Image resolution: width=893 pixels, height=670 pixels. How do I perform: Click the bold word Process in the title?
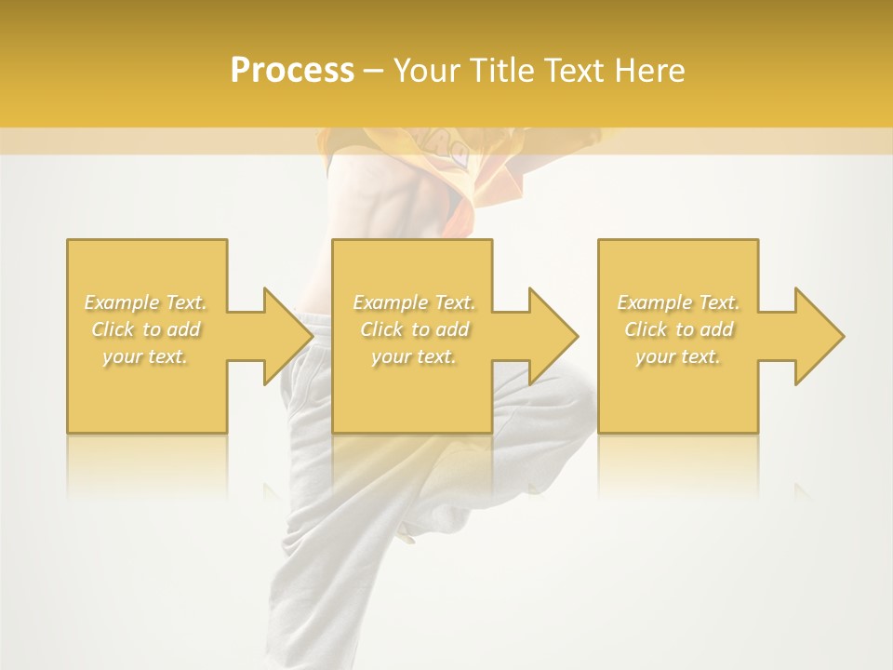292,71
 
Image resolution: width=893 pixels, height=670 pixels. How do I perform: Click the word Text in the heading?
574,71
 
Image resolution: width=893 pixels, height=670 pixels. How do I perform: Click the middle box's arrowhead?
553,335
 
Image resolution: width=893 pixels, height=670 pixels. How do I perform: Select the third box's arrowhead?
819,335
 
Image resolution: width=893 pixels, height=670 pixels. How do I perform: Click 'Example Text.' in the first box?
145,302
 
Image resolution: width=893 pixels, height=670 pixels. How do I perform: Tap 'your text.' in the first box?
145,356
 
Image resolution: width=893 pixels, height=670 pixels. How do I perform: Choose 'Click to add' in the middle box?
414,329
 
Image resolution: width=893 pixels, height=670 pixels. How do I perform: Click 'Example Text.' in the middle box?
414,302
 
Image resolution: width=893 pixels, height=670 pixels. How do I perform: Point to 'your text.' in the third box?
678,356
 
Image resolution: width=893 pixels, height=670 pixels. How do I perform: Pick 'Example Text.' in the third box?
678,302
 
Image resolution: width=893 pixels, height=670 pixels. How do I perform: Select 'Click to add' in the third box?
678,329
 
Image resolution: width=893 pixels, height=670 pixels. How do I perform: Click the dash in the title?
374,71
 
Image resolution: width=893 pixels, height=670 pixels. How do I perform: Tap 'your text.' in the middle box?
414,356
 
